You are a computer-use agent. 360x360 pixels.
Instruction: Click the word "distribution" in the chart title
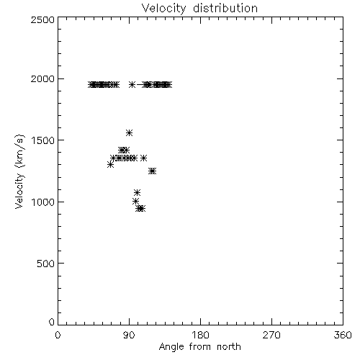225,8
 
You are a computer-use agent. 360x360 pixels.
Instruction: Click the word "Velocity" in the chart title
163,9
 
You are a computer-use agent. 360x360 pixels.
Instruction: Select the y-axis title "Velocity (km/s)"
19,171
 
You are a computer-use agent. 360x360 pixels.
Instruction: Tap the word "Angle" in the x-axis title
171,347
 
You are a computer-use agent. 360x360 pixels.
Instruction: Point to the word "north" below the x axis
229,346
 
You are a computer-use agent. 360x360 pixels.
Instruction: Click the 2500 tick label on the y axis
42,19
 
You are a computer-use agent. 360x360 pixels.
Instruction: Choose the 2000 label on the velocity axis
42,78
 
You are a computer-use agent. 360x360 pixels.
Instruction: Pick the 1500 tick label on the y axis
43,140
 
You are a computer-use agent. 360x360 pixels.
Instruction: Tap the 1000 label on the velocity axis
43,202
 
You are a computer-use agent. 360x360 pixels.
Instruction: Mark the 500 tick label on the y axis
46,264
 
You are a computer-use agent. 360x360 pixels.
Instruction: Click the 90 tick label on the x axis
129,335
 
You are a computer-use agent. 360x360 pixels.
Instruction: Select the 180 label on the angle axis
200,335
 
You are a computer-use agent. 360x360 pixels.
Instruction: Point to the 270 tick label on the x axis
271,335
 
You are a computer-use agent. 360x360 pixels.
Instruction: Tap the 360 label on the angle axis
343,335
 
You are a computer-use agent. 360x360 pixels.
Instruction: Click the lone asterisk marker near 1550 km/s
129,132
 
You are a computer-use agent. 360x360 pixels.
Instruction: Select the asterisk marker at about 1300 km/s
110,164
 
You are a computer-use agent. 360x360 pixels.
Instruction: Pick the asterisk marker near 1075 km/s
137,192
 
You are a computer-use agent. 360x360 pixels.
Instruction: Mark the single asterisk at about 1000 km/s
135,202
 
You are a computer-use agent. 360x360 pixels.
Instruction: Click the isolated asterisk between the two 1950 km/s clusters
132,85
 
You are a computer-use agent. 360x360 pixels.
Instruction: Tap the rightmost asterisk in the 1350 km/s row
143,158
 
